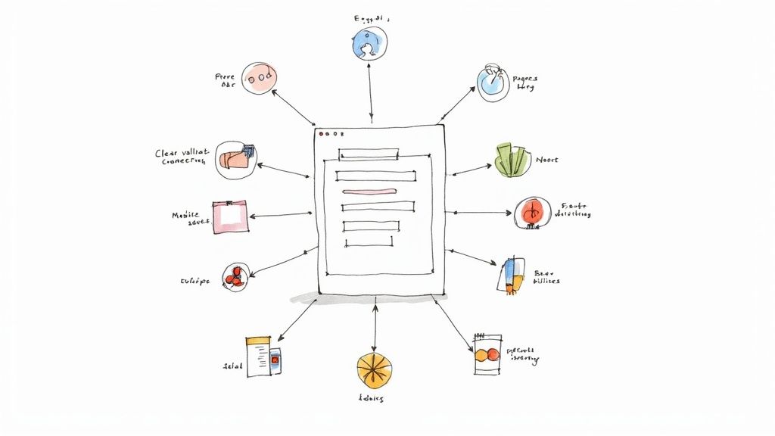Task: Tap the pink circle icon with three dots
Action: pos(259,78)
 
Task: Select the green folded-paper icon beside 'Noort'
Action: pos(512,160)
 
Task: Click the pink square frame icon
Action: pos(229,216)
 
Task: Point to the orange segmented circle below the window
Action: pos(375,370)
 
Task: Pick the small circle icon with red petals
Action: pos(233,276)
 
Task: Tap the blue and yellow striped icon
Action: pos(512,275)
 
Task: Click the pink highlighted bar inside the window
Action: pos(367,191)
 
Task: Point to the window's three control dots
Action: pos(330,134)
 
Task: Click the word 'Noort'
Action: pos(546,160)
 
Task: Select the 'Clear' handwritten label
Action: pos(169,153)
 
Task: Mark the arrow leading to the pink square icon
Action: pos(280,216)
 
